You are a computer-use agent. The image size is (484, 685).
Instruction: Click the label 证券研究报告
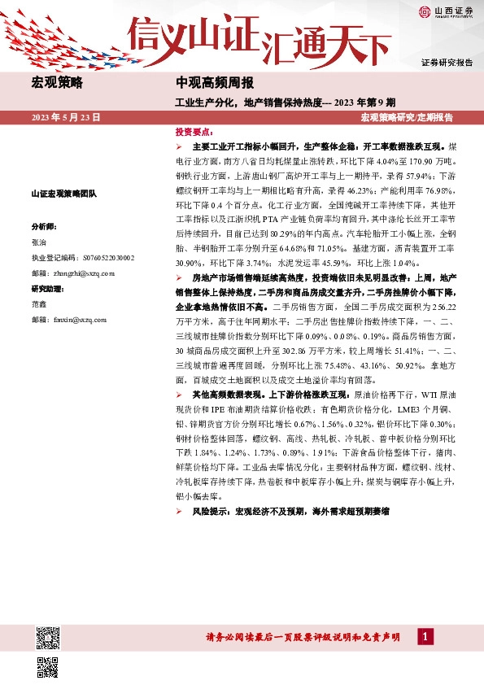(447, 63)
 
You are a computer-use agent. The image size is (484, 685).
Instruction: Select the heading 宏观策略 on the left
(56, 82)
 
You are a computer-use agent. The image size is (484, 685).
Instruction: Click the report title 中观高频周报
(215, 82)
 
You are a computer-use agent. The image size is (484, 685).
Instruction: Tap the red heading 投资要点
(194, 132)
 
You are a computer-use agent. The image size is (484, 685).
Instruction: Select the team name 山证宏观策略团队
(63, 194)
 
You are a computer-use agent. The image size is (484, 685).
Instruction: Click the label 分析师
(43, 227)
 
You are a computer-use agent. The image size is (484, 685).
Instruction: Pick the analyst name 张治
(39, 242)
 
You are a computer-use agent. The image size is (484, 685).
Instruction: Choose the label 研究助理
(46, 289)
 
